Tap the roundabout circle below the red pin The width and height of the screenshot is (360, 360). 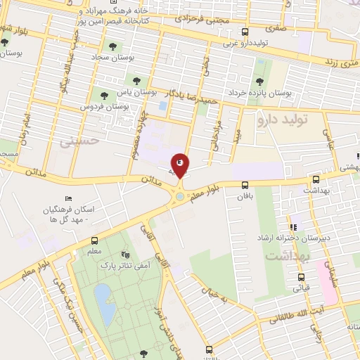(180, 196)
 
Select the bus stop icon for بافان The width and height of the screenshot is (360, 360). (245, 186)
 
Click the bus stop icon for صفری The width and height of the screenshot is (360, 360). (244, 32)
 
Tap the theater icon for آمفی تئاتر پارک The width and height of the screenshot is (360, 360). (125, 254)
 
